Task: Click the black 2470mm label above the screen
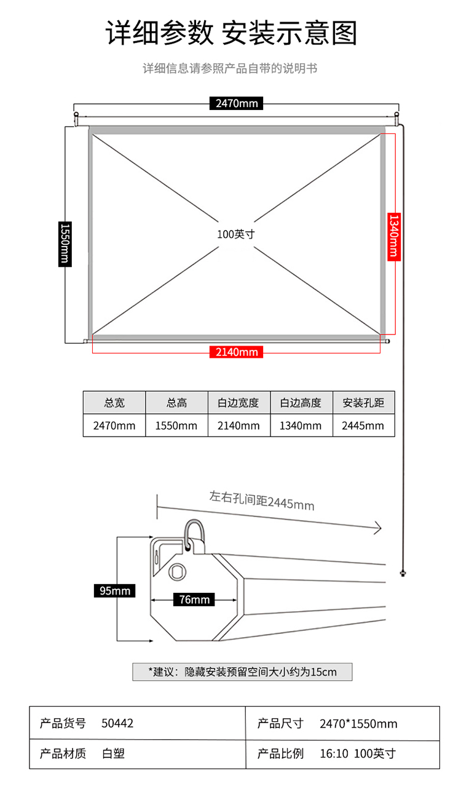click(237, 103)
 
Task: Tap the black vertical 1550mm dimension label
click(64, 244)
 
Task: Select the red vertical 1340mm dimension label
click(393, 236)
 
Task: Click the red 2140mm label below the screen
click(237, 352)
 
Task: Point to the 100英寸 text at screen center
click(235, 234)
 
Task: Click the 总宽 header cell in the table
click(114, 403)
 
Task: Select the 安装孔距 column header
click(363, 403)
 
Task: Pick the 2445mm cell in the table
click(363, 426)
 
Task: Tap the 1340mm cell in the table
click(301, 426)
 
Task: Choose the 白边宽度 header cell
click(238, 403)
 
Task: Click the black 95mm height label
click(115, 591)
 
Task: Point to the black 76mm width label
click(194, 600)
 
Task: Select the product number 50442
click(117, 723)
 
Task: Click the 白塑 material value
click(113, 753)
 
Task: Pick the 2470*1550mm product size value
click(358, 724)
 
